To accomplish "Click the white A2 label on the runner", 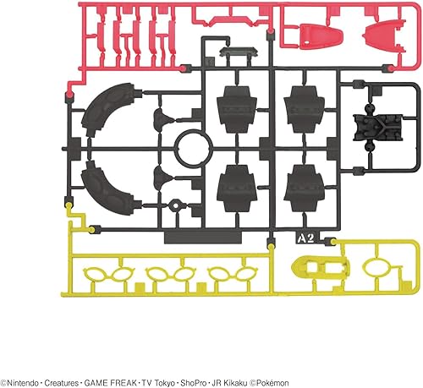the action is pos(306,238).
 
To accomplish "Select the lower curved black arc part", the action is pos(108,189).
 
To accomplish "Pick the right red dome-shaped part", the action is pos(386,34).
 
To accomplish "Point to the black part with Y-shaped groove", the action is pos(378,127).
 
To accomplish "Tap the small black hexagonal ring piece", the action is pos(175,205).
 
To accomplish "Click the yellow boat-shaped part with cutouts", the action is pos(321,266).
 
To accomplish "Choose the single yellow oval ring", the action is pos(376,267).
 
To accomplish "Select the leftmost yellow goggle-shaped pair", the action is pos(108,273).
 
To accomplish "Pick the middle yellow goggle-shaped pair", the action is pos(171,273).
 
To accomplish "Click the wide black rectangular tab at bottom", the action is pos(203,238).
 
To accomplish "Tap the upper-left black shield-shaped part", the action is pos(236,109).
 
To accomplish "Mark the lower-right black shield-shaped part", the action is pos(304,188).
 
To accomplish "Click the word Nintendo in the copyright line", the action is pos(23,383).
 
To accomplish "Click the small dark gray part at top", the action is pos(239,52).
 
